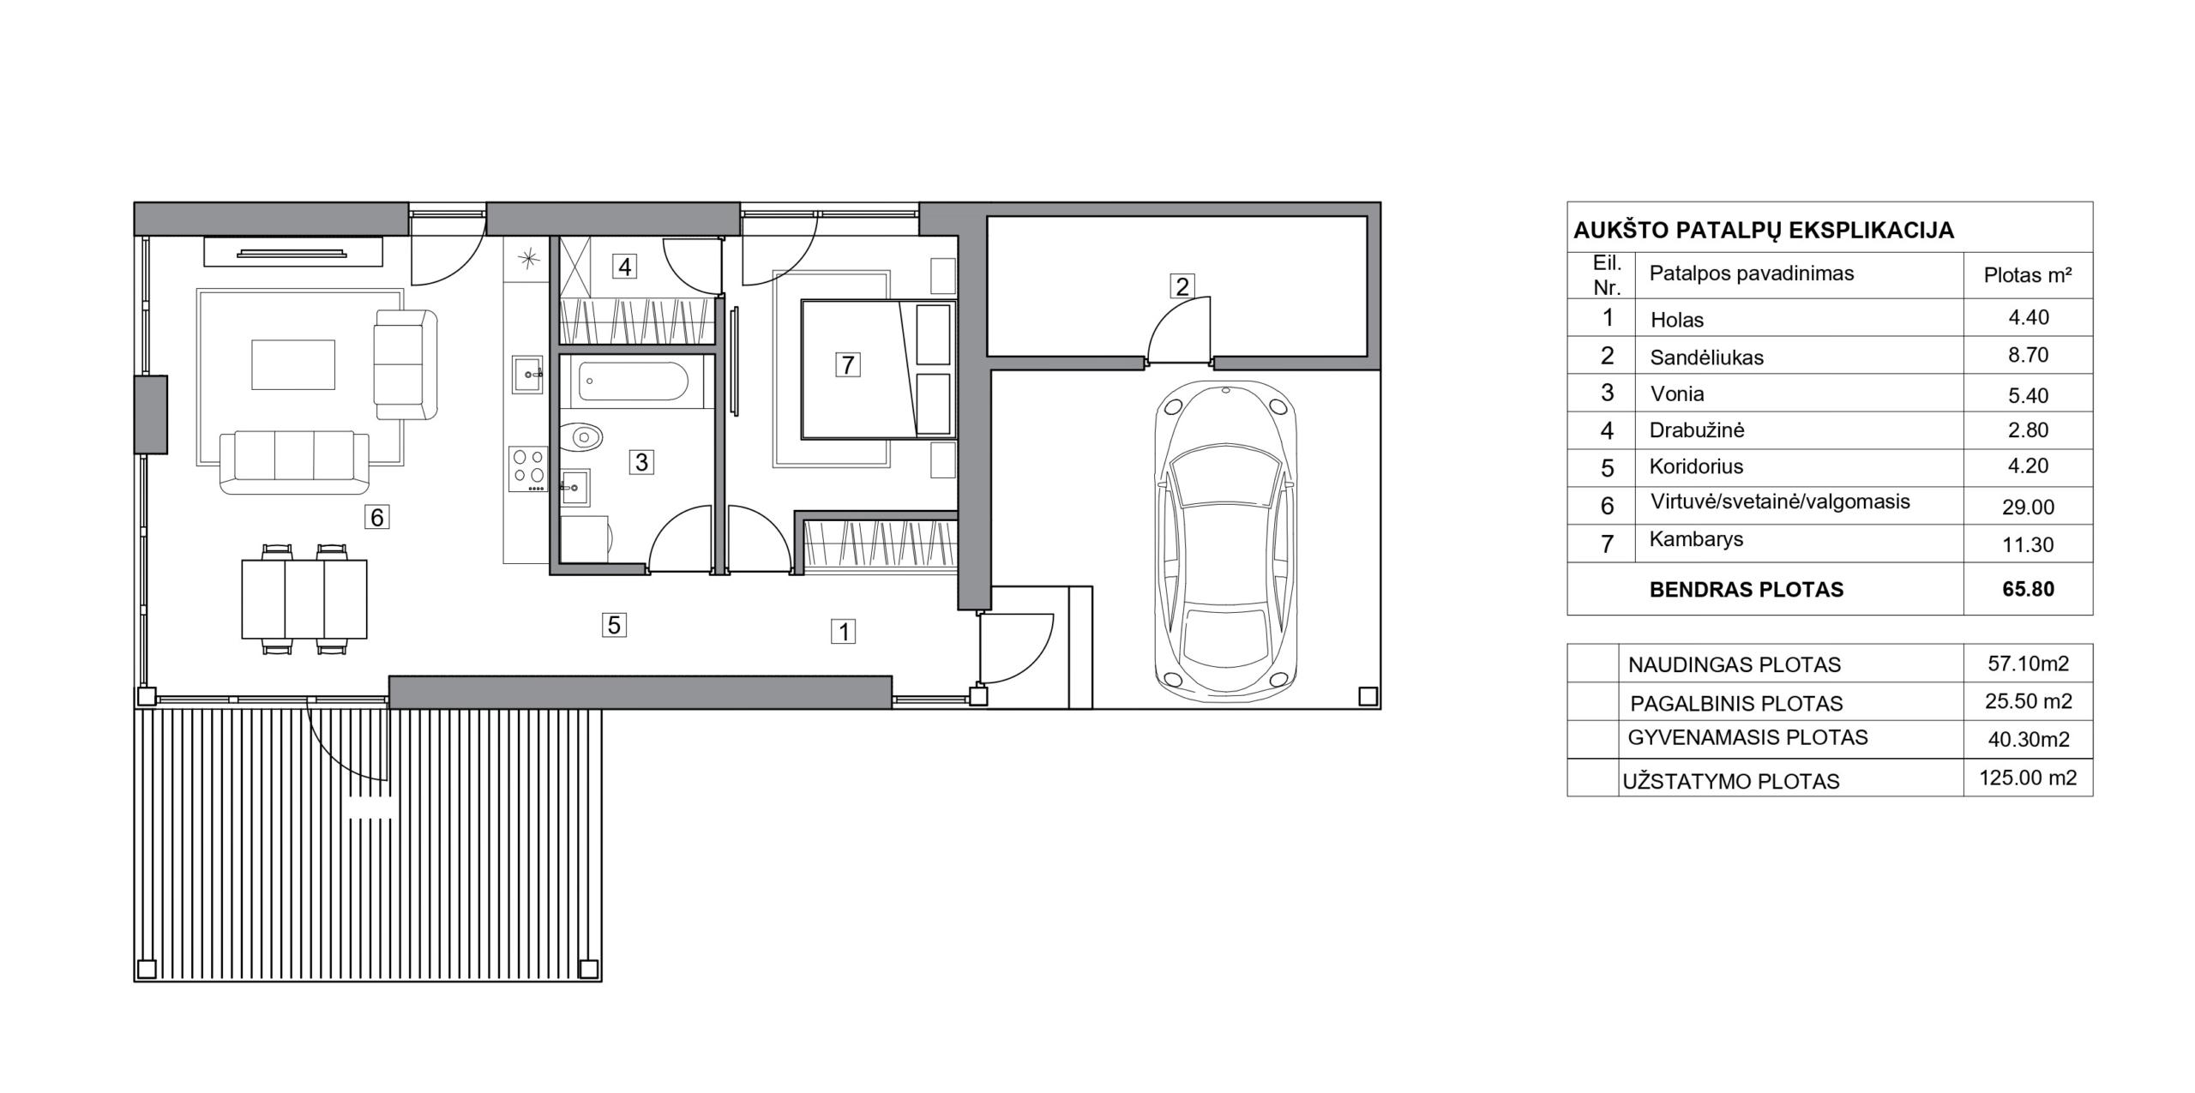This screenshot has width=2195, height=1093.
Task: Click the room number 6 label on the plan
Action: tap(376, 517)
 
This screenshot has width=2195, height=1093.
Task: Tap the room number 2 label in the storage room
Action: tap(1182, 286)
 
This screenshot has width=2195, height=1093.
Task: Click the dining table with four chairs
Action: tap(304, 599)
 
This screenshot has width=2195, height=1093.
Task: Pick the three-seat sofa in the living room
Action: tap(294, 462)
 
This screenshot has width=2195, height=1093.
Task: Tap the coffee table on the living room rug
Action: tap(293, 364)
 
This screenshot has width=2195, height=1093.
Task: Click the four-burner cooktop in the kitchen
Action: tap(527, 469)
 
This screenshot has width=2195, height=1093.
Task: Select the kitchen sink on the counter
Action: tap(526, 374)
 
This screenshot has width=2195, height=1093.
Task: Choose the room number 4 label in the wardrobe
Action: tap(624, 267)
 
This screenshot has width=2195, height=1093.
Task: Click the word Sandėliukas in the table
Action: tap(1706, 357)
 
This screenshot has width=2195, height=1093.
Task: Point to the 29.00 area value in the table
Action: tap(2028, 507)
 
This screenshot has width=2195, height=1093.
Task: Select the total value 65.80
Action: tap(2029, 589)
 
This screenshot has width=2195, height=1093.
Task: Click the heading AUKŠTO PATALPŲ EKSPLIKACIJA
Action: tap(1764, 230)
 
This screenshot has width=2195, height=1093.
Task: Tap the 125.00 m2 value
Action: tap(2028, 778)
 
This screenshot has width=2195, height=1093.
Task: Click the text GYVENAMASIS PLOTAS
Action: tap(1747, 737)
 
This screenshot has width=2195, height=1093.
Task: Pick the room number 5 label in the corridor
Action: tap(614, 625)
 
